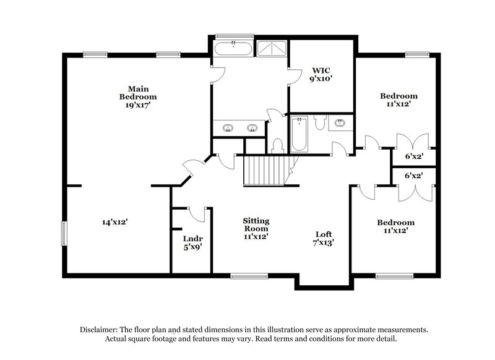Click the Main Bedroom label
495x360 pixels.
(138, 92)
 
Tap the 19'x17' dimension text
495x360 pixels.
(138, 105)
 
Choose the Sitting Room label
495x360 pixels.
(256, 224)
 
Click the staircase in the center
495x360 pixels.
(265, 170)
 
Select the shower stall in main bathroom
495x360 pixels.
(271, 49)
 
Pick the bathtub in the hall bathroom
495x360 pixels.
(298, 135)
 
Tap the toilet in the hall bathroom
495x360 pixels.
(319, 122)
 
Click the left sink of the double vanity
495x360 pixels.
(228, 128)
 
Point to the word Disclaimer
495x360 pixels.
(103, 330)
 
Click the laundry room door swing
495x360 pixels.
(197, 214)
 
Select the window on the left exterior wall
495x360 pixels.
(63, 233)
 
